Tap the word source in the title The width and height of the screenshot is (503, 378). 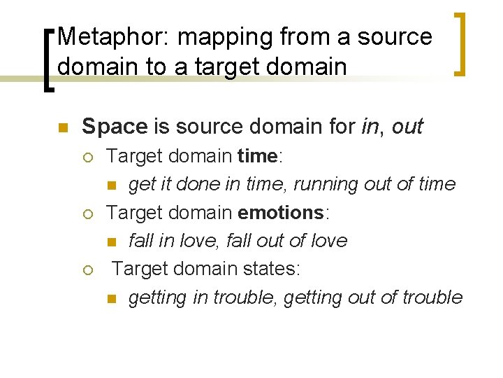point(394,36)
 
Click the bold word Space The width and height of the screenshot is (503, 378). point(115,126)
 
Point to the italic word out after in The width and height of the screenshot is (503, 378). point(408,126)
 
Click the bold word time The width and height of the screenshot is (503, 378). point(258,155)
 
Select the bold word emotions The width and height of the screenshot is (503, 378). point(282,212)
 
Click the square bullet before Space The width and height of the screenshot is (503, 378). point(61,127)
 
